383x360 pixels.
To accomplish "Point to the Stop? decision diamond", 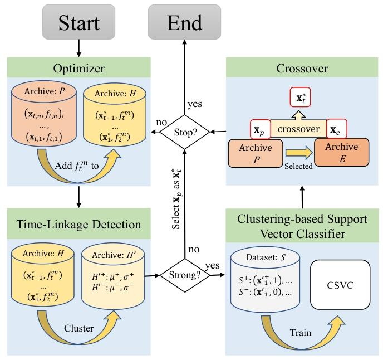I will tap(185, 133).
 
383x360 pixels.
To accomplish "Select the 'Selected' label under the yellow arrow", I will tap(299, 166).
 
